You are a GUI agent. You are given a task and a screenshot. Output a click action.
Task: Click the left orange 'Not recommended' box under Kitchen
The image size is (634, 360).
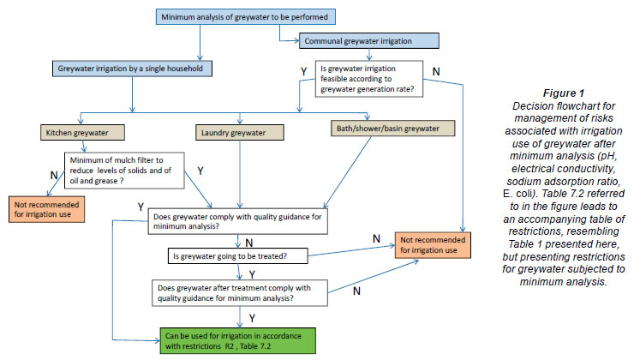pyautogui.click(x=45, y=211)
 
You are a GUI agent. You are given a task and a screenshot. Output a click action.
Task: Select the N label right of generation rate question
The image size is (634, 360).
pyautogui.click(x=437, y=69)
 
